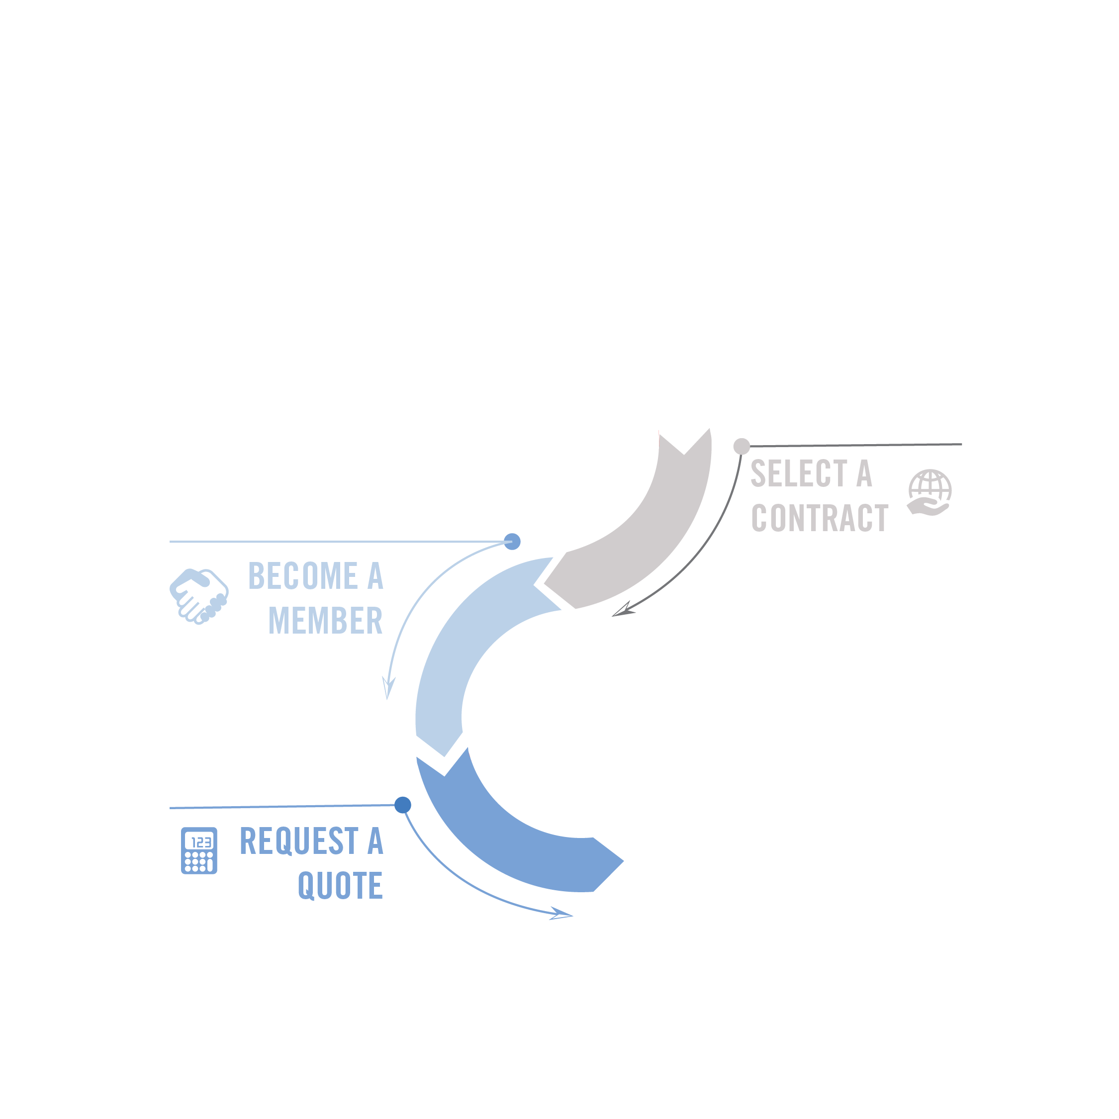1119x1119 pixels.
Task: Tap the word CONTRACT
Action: point(820,518)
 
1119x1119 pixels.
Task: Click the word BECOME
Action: point(303,576)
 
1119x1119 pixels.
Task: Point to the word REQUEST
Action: point(299,841)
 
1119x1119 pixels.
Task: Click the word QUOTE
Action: point(341,886)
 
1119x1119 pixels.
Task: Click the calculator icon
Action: point(198,850)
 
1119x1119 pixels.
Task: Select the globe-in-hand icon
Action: point(929,492)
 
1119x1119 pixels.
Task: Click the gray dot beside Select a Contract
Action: point(742,446)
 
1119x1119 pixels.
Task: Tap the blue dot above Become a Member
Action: point(512,542)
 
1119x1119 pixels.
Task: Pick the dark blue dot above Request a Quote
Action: point(402,805)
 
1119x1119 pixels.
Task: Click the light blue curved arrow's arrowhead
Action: point(387,689)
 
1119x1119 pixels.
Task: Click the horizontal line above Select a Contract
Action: point(857,445)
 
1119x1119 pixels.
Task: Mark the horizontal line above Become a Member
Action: point(336,542)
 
